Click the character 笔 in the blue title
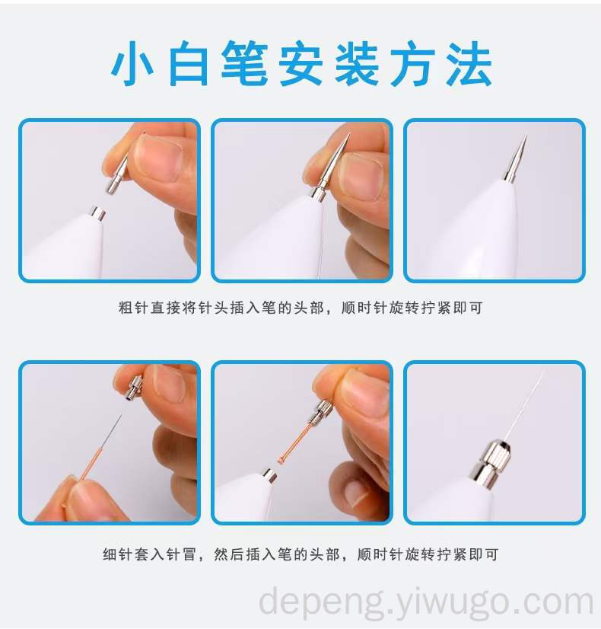pos(245,63)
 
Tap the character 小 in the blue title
pos(132,63)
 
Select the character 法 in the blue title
pos(469,63)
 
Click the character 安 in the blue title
pos(301,63)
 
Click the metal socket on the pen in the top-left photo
pos(97,213)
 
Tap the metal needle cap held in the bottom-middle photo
pos(325,411)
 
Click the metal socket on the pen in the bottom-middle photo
pos(270,477)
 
